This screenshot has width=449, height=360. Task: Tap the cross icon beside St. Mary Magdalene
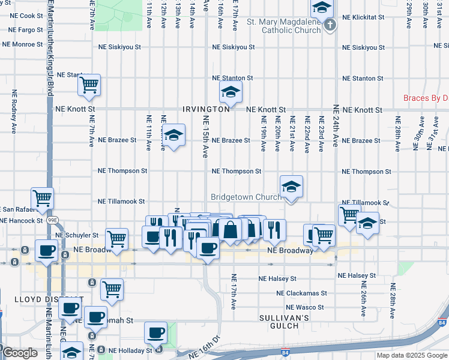click(x=330, y=25)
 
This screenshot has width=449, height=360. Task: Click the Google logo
click(x=20, y=353)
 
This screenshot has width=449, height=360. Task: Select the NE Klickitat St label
click(x=363, y=17)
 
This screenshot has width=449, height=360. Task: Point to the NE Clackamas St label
click(x=302, y=293)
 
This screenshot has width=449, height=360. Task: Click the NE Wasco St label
click(x=306, y=307)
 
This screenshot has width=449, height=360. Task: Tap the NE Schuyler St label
click(x=77, y=235)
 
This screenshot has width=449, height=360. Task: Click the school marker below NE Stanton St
click(x=229, y=93)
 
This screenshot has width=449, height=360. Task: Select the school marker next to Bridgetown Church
click(x=291, y=187)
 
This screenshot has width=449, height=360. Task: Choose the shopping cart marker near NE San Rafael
click(x=42, y=197)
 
